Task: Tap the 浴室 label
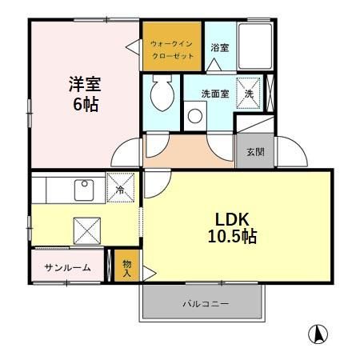[x=219, y=48]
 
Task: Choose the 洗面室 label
[x=214, y=94]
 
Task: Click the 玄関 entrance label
[x=255, y=152]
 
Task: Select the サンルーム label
[x=67, y=267]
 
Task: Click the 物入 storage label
[x=126, y=267]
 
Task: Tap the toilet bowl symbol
[x=160, y=95]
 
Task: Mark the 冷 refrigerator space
[x=121, y=189]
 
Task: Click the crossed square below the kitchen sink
[x=86, y=229]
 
